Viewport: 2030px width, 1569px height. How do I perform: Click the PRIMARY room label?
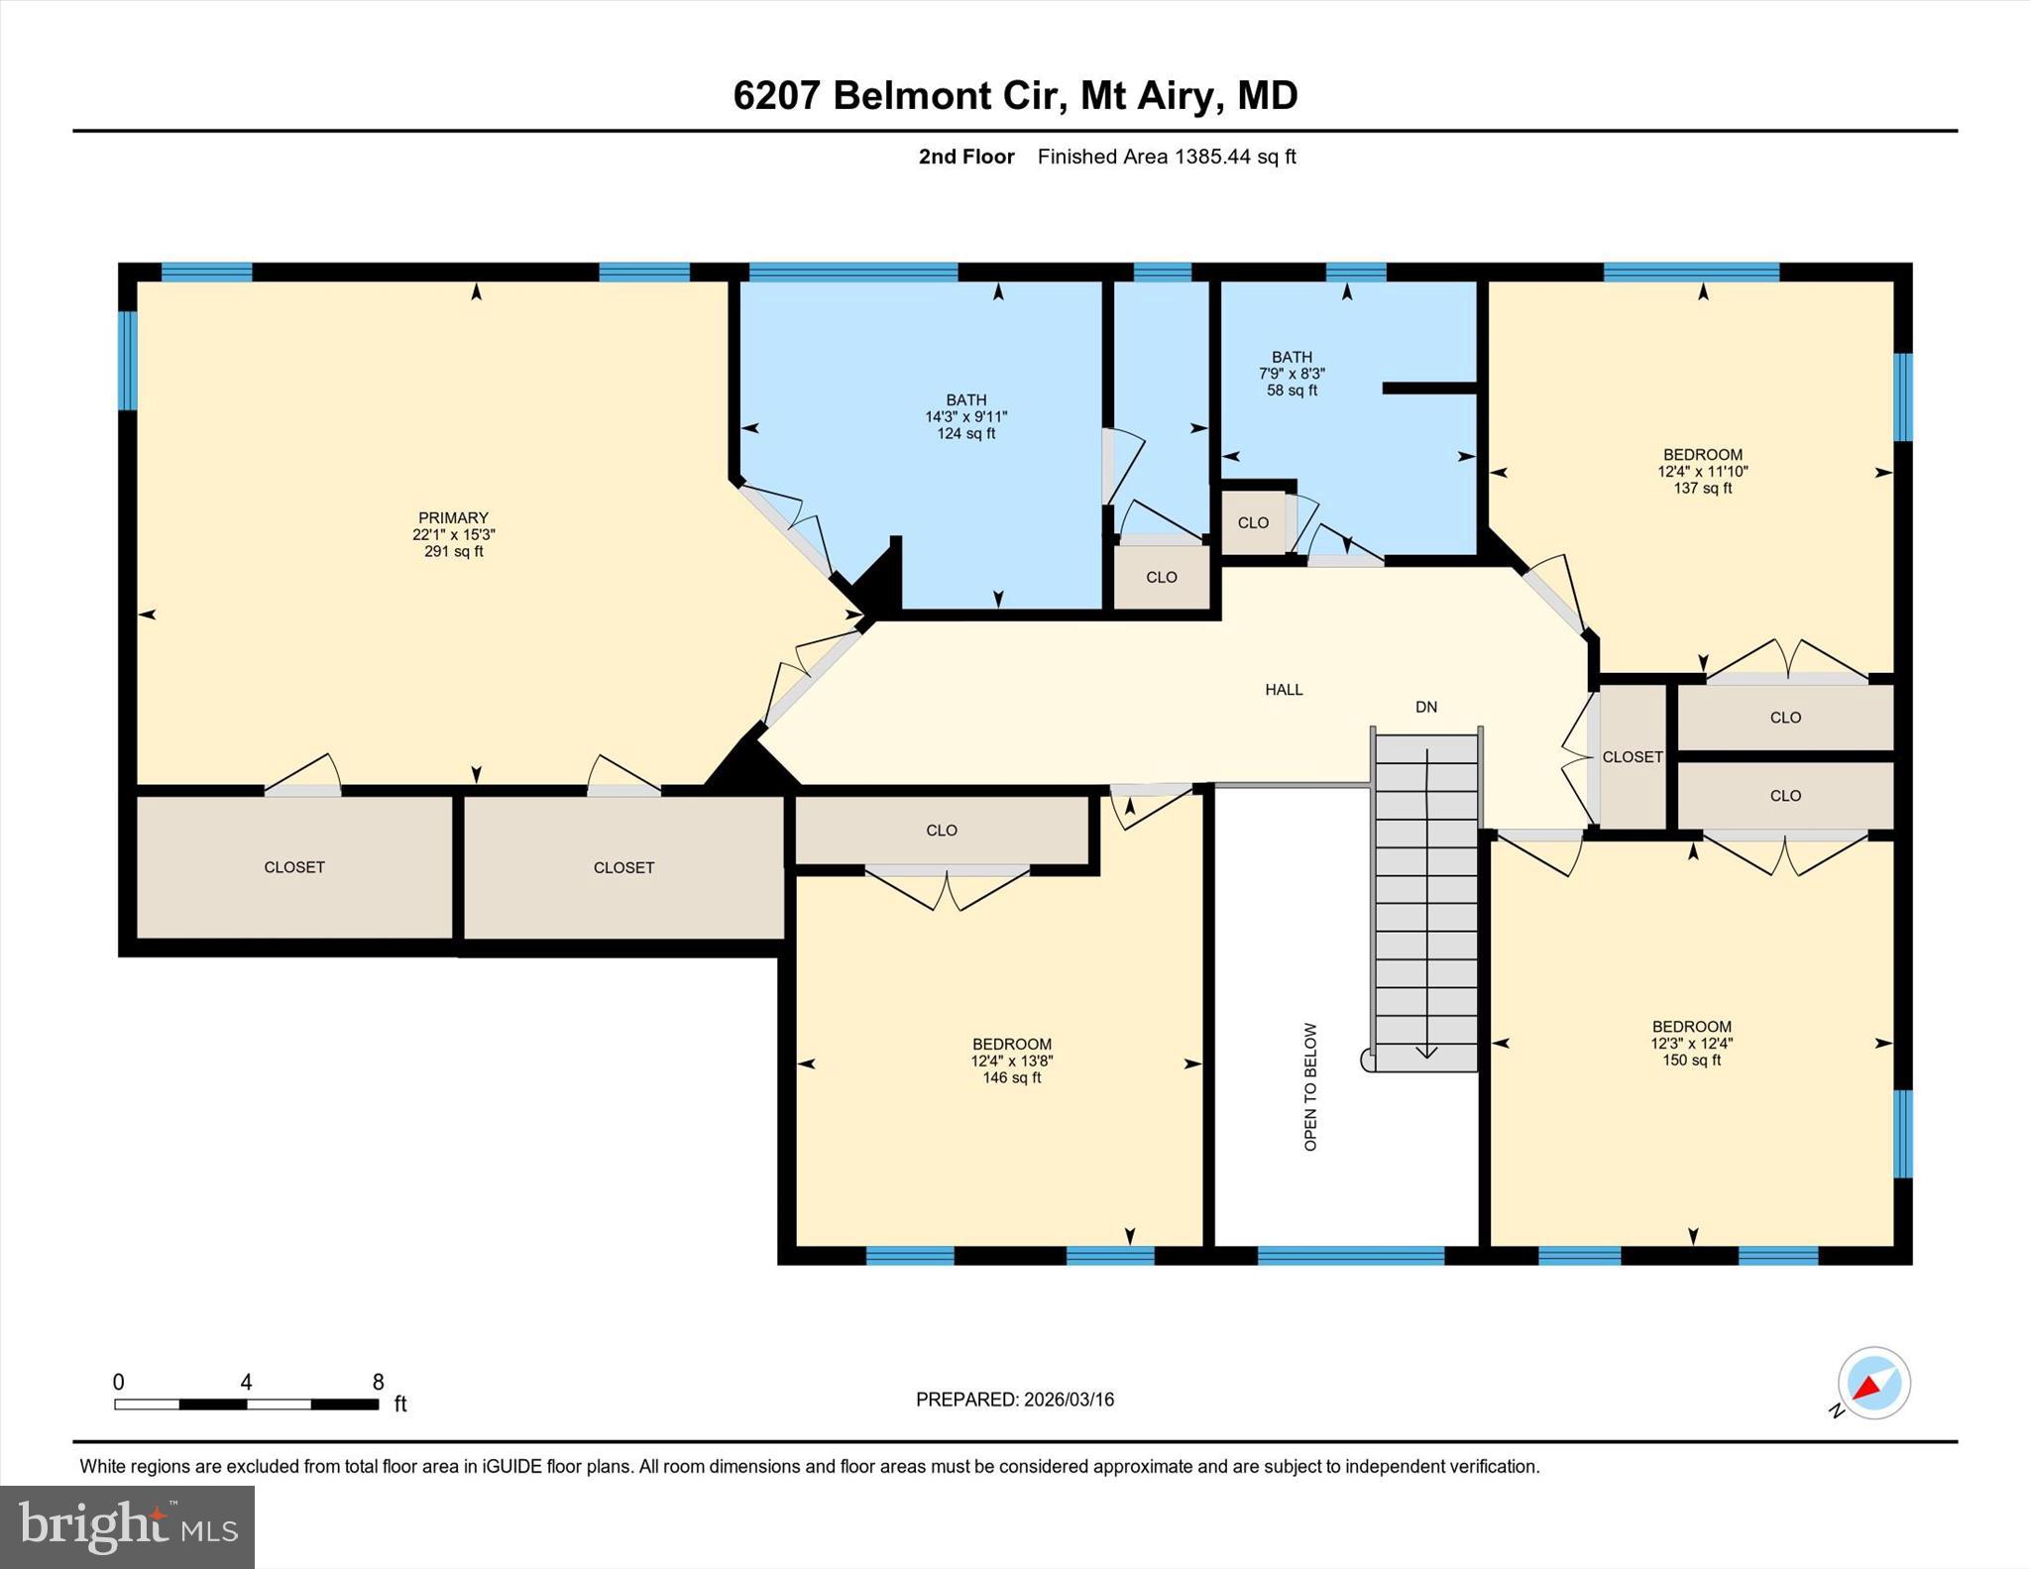click(x=453, y=517)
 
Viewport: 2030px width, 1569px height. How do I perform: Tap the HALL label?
click(x=1284, y=690)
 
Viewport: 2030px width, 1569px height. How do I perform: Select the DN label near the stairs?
click(x=1425, y=707)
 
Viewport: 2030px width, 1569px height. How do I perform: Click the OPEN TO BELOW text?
click(x=1310, y=1086)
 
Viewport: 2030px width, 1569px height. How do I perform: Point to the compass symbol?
click(x=1872, y=1383)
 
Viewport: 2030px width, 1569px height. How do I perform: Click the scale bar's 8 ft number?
click(x=378, y=1382)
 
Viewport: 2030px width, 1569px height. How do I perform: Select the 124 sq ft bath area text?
click(x=965, y=434)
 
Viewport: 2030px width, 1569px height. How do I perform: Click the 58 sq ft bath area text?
click(x=1292, y=391)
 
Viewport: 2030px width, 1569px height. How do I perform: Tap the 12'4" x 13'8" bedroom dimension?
click(x=1011, y=1061)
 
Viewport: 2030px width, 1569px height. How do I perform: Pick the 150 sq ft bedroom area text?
click(x=1691, y=1061)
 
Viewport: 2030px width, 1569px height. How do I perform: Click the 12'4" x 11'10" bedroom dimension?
click(x=1702, y=472)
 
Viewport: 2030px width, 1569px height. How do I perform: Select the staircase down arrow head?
click(x=1426, y=1053)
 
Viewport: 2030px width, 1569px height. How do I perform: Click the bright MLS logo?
click(x=127, y=1526)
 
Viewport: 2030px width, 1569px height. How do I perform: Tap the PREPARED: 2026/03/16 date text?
click(x=1014, y=1400)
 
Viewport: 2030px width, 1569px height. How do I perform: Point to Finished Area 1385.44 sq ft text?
click(x=1166, y=157)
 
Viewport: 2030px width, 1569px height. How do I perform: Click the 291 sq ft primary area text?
click(x=453, y=551)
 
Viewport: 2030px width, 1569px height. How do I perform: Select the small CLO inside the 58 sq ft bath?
click(x=1253, y=522)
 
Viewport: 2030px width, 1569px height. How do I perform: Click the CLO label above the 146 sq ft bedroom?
click(x=941, y=831)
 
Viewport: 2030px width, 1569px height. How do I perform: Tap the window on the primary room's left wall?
click(x=127, y=361)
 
